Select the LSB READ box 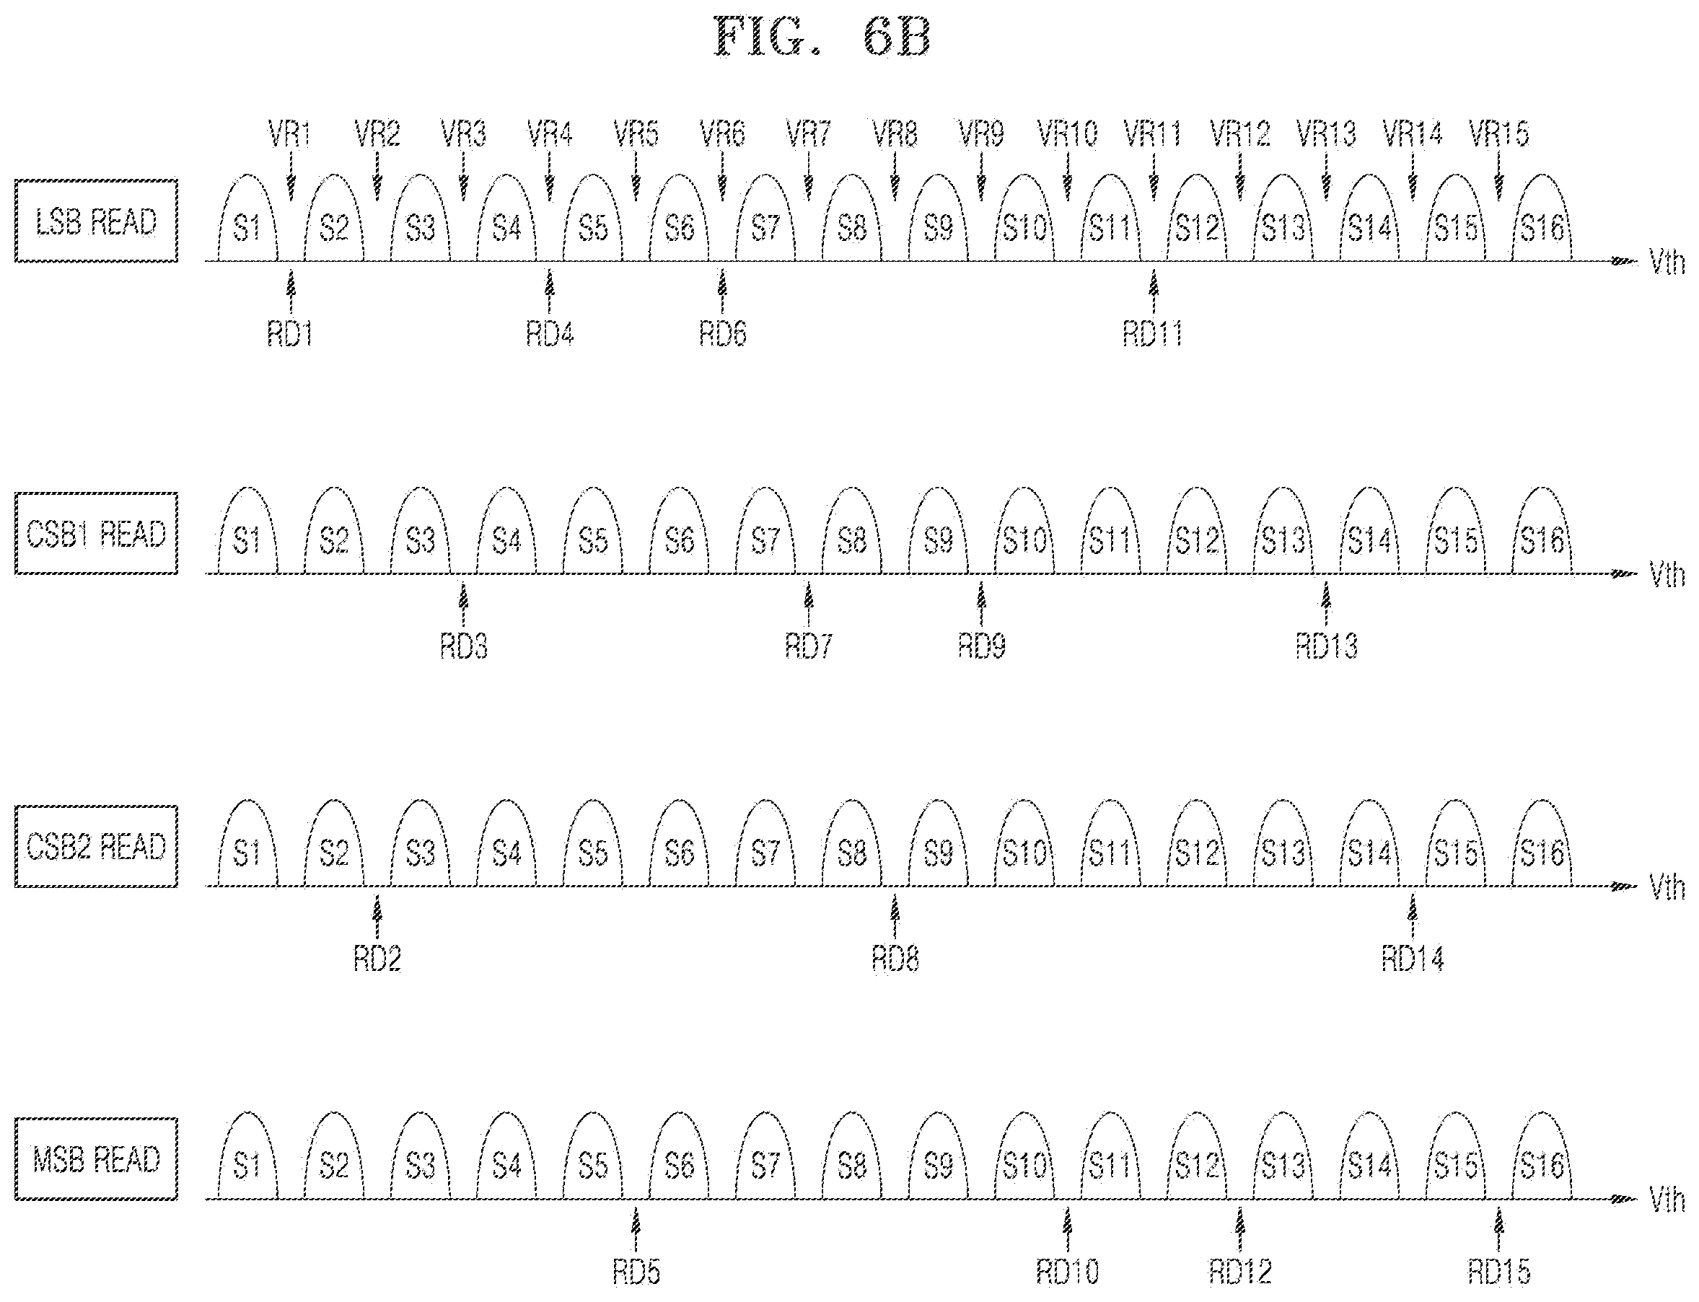(96, 221)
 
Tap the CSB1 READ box (96, 534)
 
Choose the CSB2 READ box (96, 846)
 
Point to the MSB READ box (96, 1159)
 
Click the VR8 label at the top (895, 134)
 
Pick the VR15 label (1499, 134)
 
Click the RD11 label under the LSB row (1154, 334)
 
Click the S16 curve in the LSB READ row (1542, 218)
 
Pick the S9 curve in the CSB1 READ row (938, 531)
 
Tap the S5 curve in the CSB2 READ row (593, 844)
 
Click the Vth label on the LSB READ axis (1667, 264)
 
